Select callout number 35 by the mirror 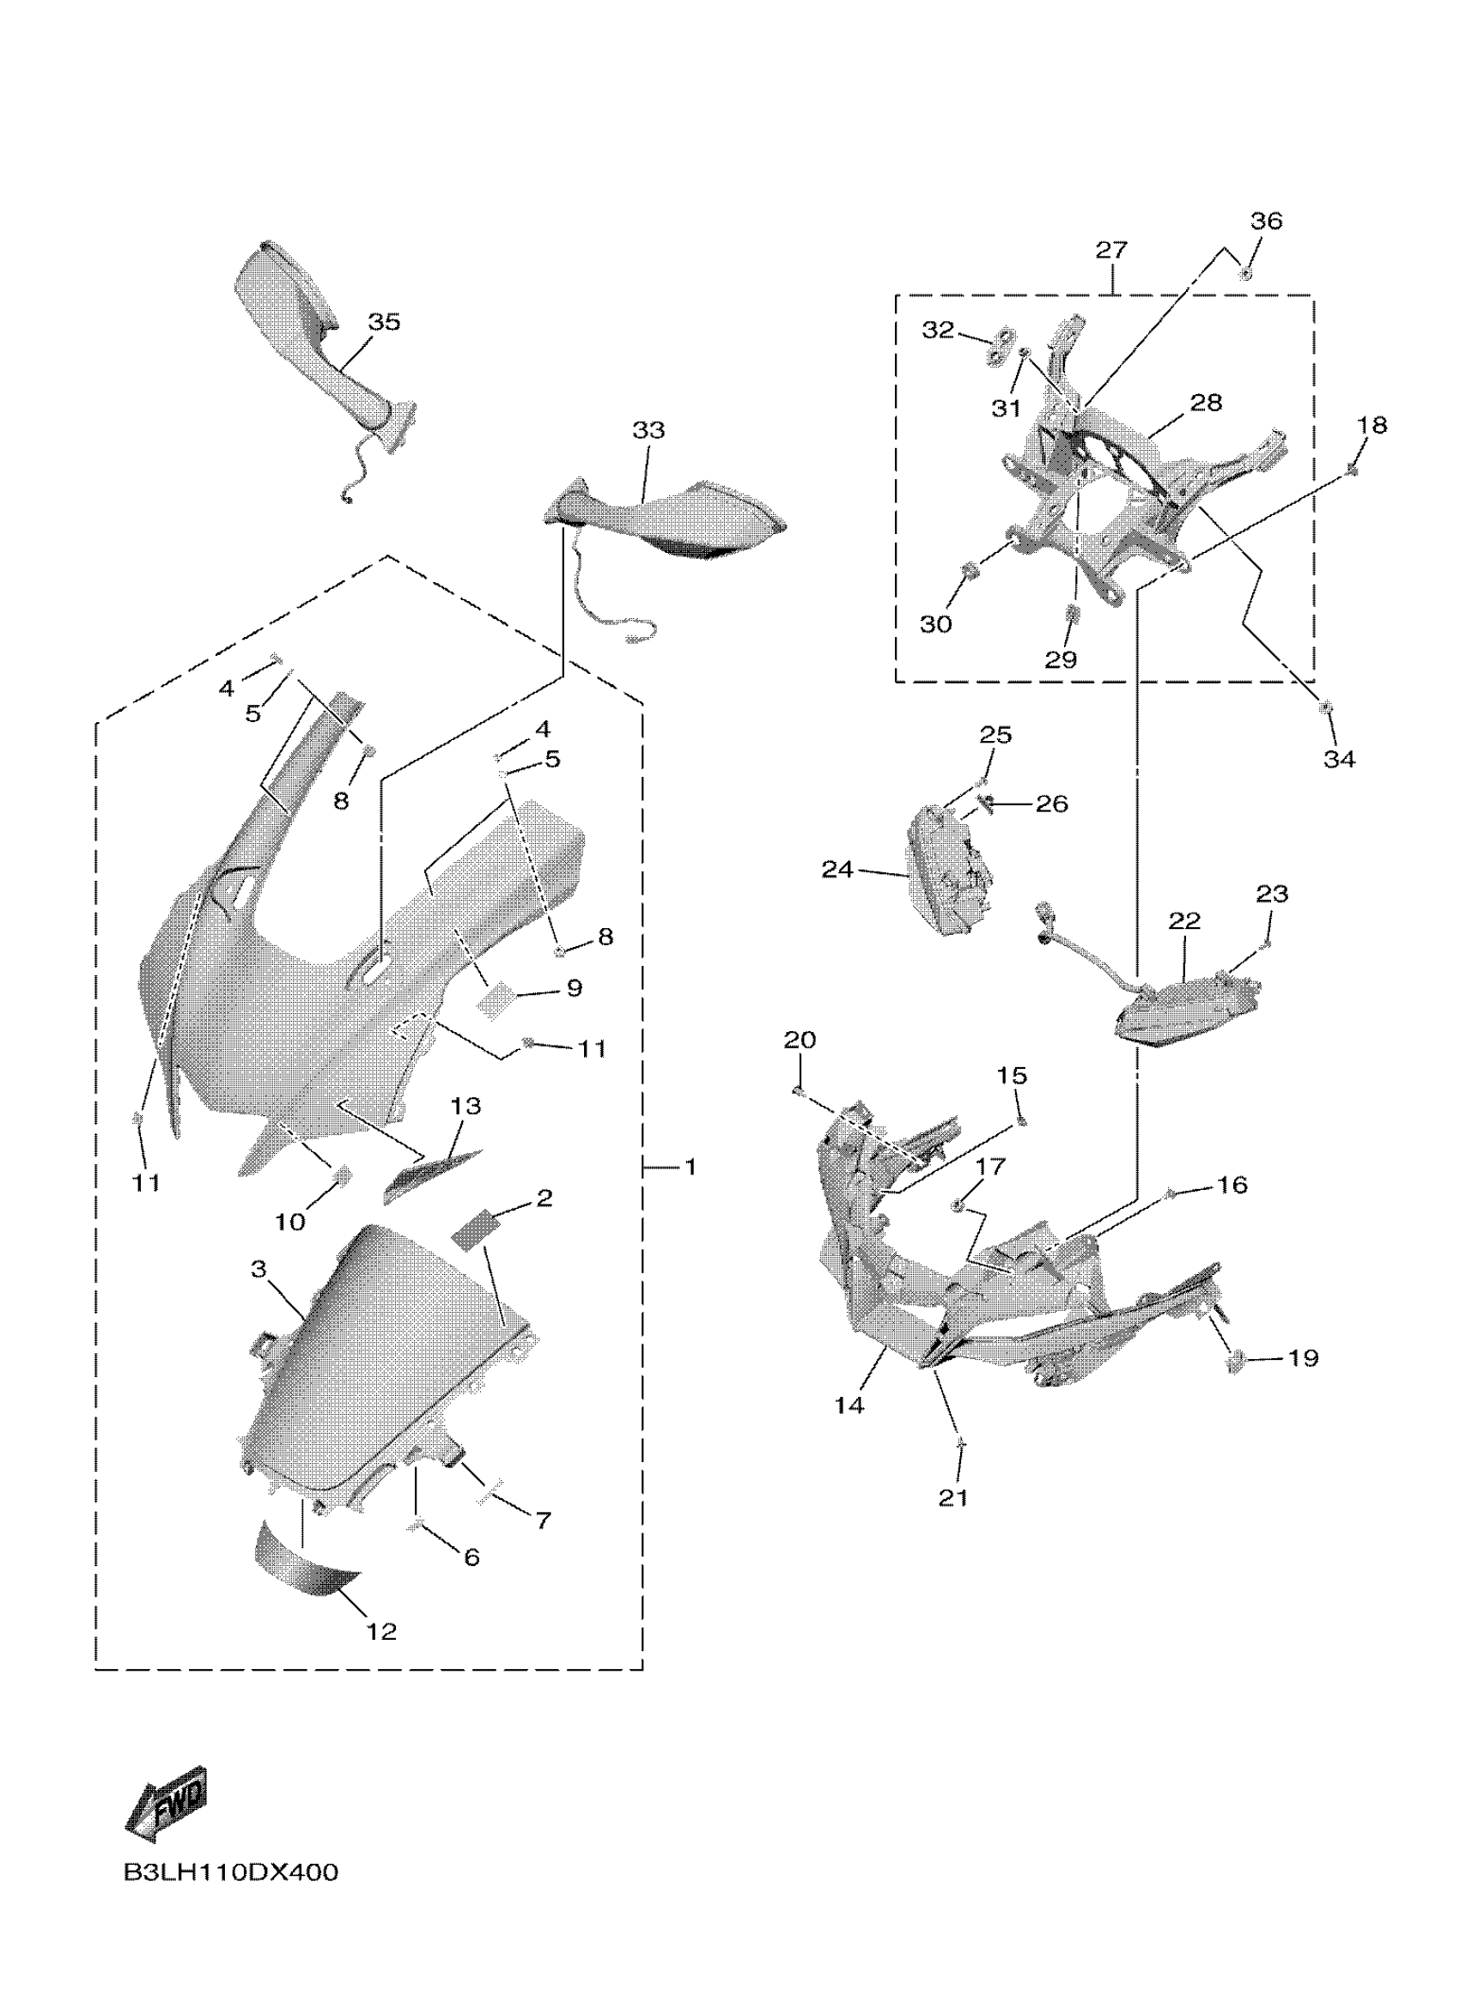point(384,322)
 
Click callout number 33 point(648,430)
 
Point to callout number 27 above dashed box point(1110,251)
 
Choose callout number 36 point(1266,221)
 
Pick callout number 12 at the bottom point(381,1631)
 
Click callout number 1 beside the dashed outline point(690,1167)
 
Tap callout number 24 point(836,870)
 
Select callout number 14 point(849,1405)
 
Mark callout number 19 point(1303,1357)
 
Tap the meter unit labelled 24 point(949,871)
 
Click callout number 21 point(952,1497)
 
